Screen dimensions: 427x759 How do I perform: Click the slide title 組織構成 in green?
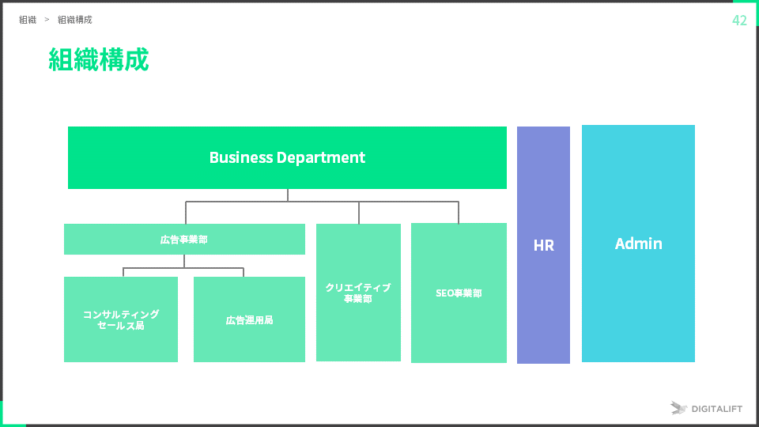tap(98, 60)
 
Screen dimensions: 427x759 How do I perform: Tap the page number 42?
tap(739, 21)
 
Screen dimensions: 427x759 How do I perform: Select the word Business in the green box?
tap(240, 157)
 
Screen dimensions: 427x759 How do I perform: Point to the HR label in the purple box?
tap(543, 245)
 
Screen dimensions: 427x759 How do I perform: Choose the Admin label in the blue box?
tap(638, 244)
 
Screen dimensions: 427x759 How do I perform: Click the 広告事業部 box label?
tap(184, 239)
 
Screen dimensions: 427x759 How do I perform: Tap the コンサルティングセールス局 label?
tap(121, 319)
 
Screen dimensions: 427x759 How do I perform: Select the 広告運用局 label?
tap(249, 320)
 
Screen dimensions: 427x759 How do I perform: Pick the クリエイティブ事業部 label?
tap(358, 293)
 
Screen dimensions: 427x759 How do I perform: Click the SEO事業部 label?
tap(459, 293)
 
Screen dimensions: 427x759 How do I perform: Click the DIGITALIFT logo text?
tap(716, 409)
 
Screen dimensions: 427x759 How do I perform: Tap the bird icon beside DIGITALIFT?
tap(678, 408)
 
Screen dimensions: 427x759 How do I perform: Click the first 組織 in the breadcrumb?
tap(28, 20)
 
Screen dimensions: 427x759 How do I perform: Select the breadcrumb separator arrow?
tap(47, 20)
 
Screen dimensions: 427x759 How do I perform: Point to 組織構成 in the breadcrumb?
tap(74, 20)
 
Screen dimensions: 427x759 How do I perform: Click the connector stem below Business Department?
tap(288, 195)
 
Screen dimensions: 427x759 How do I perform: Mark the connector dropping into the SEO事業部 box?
tap(459, 213)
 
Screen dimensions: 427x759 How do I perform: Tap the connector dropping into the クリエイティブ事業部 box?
tap(359, 213)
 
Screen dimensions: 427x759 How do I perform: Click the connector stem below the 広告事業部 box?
tap(184, 262)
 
